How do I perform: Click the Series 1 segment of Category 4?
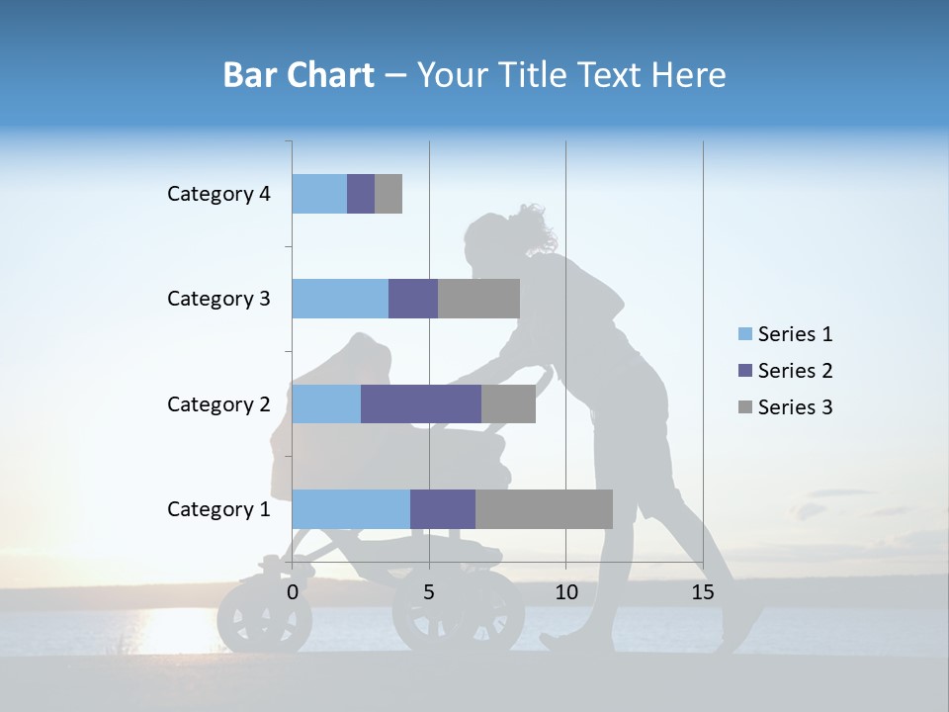[319, 194]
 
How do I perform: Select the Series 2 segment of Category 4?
[361, 194]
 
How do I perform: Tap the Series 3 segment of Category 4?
[388, 194]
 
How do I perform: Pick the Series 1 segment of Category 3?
[340, 299]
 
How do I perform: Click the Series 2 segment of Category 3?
[413, 299]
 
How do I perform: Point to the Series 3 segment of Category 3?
[478, 299]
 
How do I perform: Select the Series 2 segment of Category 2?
[421, 403]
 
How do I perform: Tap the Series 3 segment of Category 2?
[508, 403]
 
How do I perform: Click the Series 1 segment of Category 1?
[351, 508]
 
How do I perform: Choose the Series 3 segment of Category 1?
[544, 508]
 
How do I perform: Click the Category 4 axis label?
[218, 194]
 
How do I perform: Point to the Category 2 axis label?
[218, 403]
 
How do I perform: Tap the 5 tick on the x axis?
[429, 592]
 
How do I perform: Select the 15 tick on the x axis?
[703, 592]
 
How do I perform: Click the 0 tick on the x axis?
[293, 592]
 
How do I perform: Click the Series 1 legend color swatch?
[744, 334]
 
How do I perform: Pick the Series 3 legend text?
[795, 407]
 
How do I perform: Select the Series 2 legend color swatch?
[744, 371]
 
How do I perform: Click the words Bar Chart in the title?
[299, 75]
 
